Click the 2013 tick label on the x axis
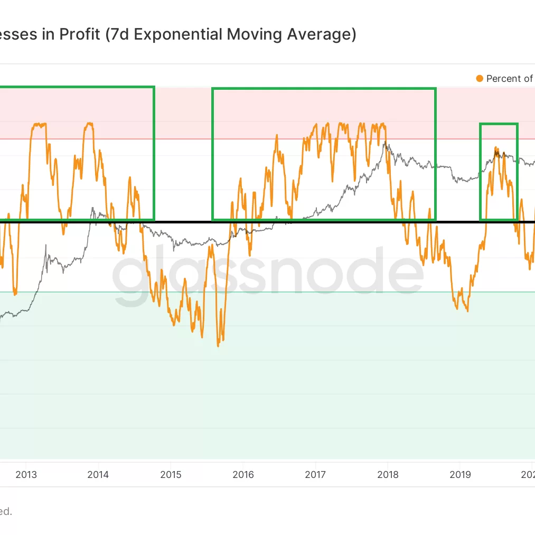pos(26,474)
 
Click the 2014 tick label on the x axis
pos(98,474)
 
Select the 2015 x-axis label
pos(171,474)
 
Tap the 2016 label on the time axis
pos(243,474)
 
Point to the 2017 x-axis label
pos(315,474)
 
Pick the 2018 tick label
pos(388,474)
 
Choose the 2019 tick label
pos(460,474)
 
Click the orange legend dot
pos(480,79)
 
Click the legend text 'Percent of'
pos(509,79)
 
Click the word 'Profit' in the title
pos(79,35)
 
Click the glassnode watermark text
pos(268,275)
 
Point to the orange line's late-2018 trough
pos(467,311)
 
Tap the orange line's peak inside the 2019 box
pos(496,147)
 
